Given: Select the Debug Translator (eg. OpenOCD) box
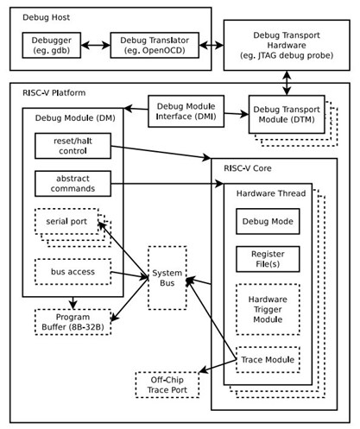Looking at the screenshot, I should (155, 44).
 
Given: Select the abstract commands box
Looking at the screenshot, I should (73, 183).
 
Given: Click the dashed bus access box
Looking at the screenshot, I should (73, 271).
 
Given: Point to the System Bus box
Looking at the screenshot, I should (167, 277).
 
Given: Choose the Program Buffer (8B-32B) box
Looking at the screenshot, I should (73, 321).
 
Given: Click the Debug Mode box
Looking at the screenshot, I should (268, 222).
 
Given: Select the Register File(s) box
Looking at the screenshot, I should (268, 259).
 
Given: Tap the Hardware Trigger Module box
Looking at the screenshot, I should (268, 309).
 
